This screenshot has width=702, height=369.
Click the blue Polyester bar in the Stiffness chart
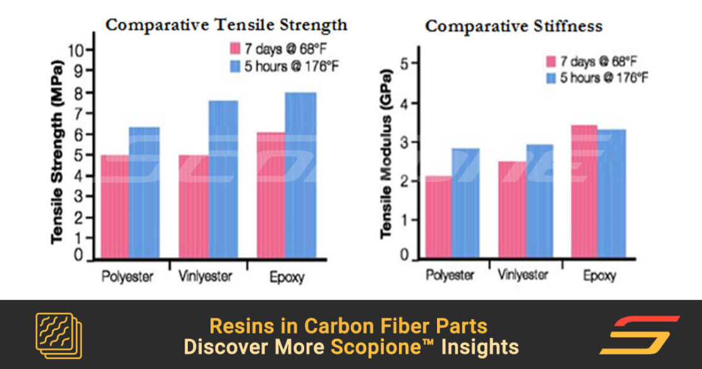click(465, 203)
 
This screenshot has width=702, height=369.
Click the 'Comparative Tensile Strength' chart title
click(226, 25)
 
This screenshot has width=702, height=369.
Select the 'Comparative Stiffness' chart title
click(513, 27)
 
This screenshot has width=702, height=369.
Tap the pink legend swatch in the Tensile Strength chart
click(235, 49)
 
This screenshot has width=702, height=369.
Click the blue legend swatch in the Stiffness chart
click(551, 78)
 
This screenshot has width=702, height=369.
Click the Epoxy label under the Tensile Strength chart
click(287, 277)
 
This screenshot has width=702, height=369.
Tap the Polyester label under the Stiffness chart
click(450, 275)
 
